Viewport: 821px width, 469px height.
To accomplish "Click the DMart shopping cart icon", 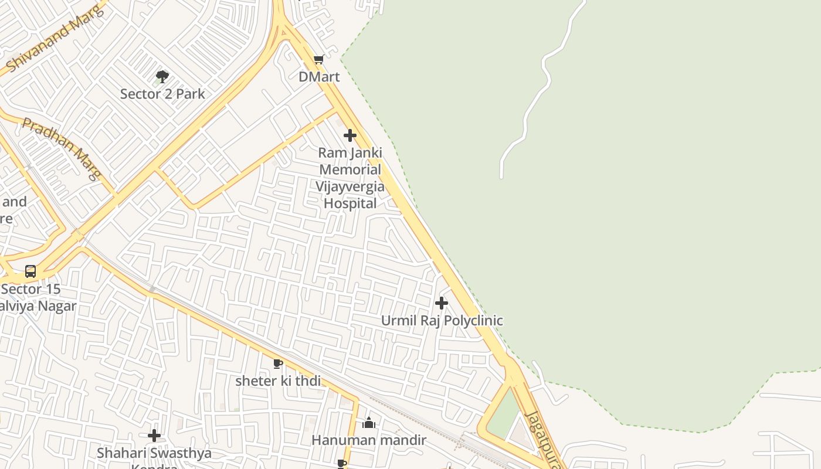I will point(318,59).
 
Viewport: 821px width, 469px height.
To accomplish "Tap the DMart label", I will point(319,77).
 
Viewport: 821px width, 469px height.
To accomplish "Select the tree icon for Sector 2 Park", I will point(162,76).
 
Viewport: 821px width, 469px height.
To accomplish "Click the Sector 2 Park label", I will point(162,94).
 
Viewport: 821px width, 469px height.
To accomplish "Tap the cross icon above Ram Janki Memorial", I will point(350,135).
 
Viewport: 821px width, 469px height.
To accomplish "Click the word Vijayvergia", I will point(350,186).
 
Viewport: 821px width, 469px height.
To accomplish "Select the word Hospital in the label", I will point(350,203).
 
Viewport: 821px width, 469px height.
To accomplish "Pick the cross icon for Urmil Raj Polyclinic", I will point(442,303).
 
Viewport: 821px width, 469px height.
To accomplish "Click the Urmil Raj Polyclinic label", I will point(442,321).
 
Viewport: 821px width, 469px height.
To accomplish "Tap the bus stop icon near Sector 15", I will point(30,271).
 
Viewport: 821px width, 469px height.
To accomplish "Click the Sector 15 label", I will point(30,289).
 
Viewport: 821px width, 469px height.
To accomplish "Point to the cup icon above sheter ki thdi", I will point(278,364).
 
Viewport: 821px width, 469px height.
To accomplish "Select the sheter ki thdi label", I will point(278,381).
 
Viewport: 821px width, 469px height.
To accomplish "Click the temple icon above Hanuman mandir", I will point(369,422).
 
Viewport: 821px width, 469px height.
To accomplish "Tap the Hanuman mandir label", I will point(369,440).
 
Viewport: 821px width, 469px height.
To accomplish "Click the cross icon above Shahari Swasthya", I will point(154,436).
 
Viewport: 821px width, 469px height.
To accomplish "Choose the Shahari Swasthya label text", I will point(154,453).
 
